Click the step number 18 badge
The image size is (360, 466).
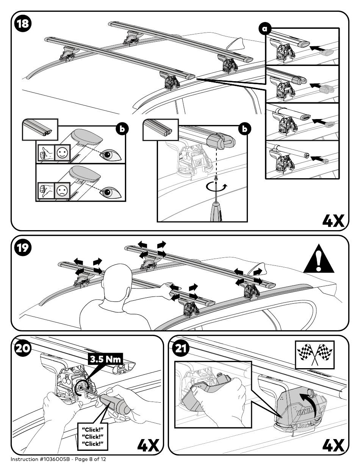pos(23,24)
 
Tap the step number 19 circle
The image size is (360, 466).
pos(23,248)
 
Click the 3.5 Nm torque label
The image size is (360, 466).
pos(106,359)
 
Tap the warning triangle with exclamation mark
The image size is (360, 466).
pos(319,259)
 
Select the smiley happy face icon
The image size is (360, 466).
pos(63,153)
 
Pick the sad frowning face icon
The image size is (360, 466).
pos(63,190)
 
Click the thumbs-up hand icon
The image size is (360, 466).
pos(46,153)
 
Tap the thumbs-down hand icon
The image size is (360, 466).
pos(46,190)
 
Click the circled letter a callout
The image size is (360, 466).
pos(265,29)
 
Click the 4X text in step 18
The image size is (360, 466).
pos(333,221)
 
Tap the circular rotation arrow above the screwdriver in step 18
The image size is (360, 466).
pos(216,187)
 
